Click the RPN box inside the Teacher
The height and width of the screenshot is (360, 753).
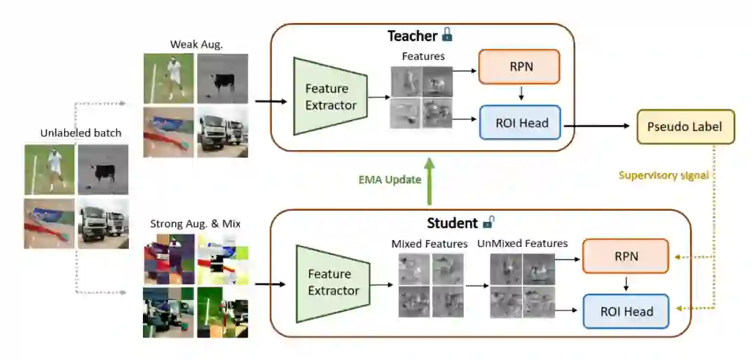coord(519,67)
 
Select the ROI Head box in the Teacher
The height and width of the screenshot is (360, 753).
coord(519,123)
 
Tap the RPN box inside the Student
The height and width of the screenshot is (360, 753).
coord(625,257)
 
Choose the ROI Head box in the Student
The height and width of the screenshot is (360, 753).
coord(625,312)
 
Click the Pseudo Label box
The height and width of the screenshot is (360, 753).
coord(685,127)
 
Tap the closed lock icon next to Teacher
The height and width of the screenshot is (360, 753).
coord(447,35)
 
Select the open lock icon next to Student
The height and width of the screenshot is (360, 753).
coord(489,223)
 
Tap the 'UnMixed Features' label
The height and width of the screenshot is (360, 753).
coord(522,243)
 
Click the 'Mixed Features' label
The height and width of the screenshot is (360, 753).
coord(429,243)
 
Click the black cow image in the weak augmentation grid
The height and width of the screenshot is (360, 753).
coord(222,79)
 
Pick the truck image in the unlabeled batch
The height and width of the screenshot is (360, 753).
coord(103,223)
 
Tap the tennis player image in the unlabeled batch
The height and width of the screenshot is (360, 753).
coord(50,170)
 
